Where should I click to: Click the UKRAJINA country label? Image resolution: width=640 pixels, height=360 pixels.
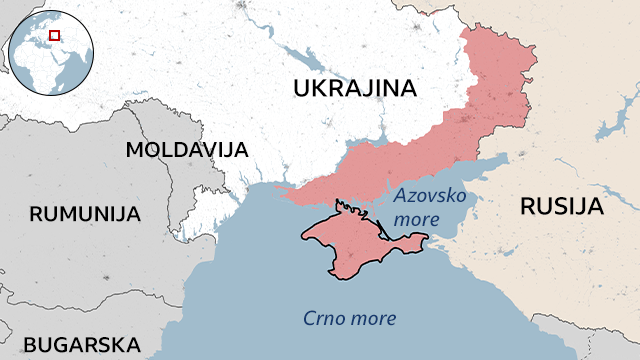coord(354,90)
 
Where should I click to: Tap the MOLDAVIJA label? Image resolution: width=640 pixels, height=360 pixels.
coord(187,150)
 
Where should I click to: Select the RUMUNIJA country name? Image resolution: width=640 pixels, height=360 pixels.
coord(85,213)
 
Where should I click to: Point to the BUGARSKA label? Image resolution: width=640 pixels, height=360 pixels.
coord(82,345)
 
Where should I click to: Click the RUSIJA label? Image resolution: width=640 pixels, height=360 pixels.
coord(562,207)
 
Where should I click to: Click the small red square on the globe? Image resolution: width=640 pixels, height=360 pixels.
coord(54,35)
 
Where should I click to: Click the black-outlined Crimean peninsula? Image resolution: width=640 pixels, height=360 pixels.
coord(345,240)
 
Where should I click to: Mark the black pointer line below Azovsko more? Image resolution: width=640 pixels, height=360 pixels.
coord(384,234)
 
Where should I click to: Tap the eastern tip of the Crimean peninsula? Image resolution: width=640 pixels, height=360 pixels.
coord(427,240)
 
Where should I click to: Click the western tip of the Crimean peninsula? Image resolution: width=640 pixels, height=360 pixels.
coord(304,236)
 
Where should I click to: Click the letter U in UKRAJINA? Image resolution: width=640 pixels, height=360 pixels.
coord(301,90)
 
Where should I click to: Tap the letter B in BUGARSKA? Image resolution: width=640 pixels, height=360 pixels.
coord(30,345)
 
